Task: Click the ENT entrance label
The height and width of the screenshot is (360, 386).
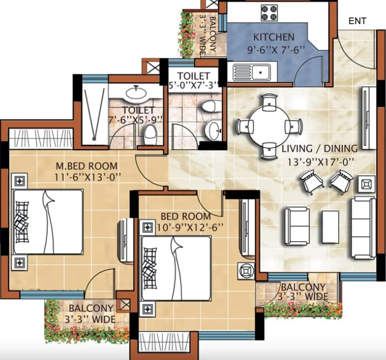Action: point(357,21)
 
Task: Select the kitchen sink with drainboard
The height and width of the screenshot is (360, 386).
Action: point(251,73)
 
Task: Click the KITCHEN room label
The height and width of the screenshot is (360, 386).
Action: point(274,37)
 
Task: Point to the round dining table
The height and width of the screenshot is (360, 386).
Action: point(269,127)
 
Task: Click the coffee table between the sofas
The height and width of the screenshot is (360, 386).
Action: point(330,227)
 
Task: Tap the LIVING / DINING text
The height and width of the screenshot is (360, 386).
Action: point(320,149)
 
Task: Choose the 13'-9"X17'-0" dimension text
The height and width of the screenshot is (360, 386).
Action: point(321,162)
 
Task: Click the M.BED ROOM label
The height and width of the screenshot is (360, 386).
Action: point(87,166)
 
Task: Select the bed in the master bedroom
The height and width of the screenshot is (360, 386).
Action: point(48,222)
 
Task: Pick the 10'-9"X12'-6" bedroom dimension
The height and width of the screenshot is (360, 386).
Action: point(190,228)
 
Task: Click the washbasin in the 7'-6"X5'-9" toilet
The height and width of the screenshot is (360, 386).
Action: point(136,93)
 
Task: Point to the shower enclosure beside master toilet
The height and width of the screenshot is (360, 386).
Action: point(95,114)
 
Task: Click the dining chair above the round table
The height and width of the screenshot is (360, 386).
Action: point(269,102)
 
